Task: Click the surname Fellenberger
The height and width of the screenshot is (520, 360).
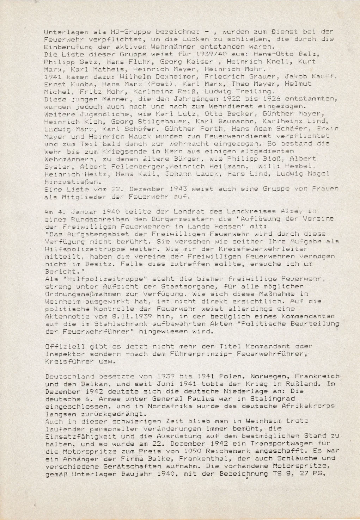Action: (x=110, y=166)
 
